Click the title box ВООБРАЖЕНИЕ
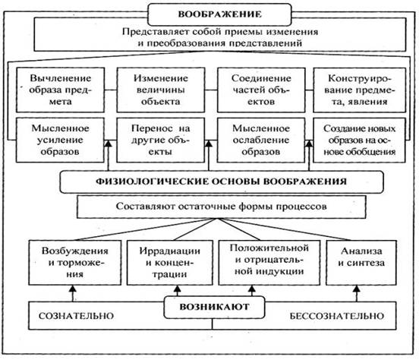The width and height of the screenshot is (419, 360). tap(209, 14)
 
